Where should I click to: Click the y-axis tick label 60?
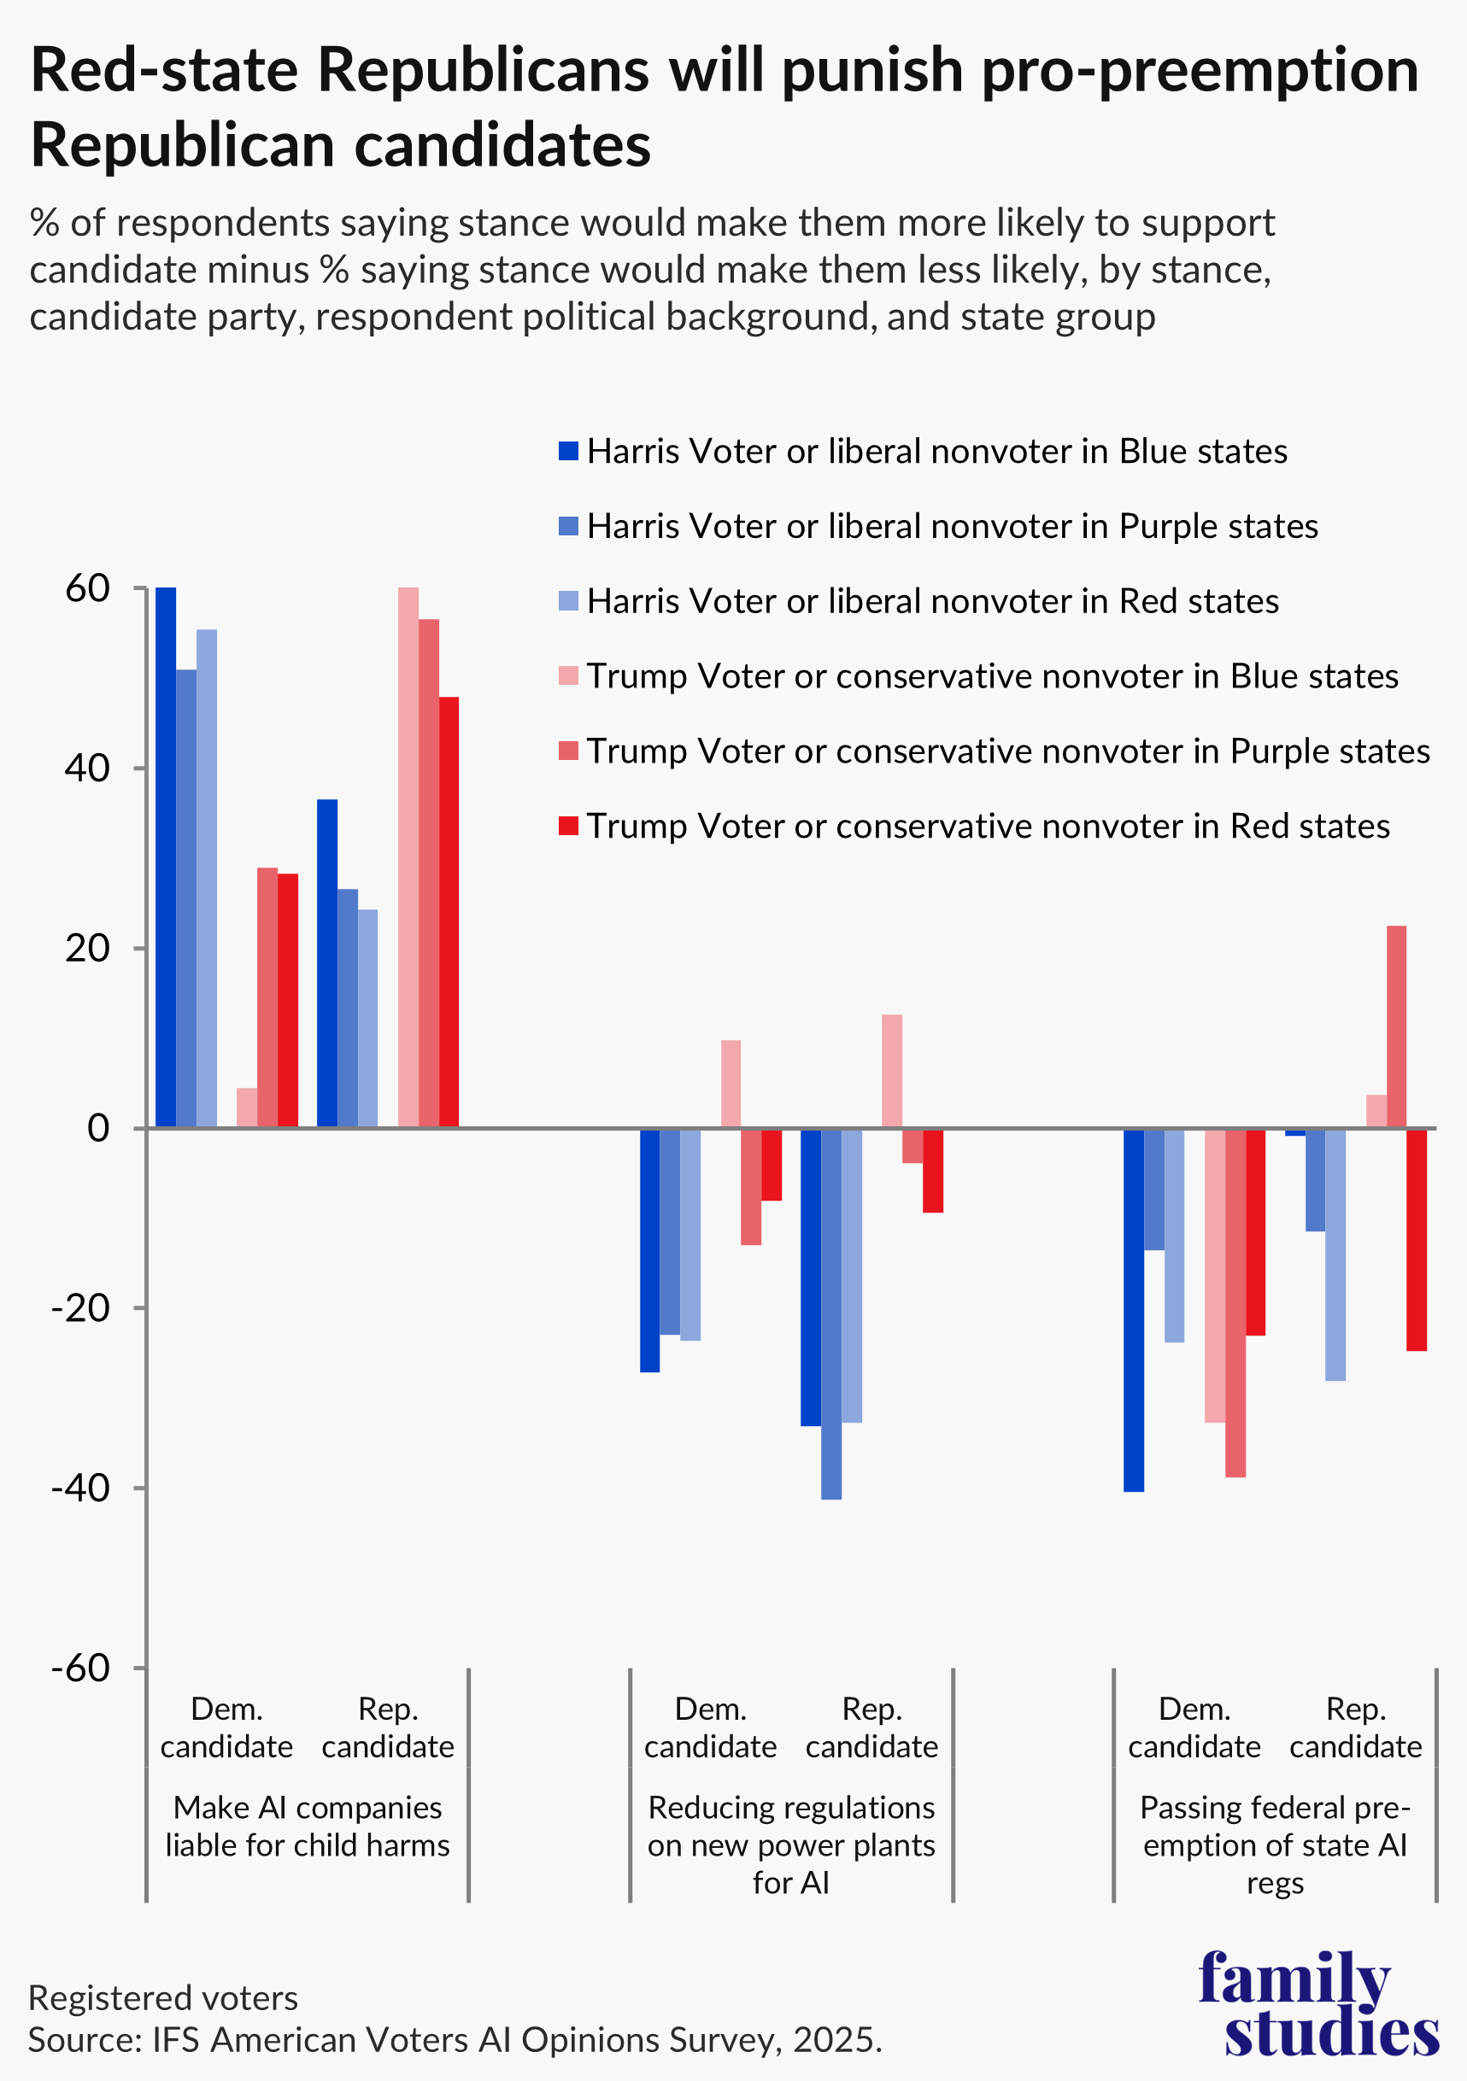pos(88,589)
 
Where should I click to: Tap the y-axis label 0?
pos(98,1128)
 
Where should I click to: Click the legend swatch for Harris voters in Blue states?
pos(568,452)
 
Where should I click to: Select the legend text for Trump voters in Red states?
pos(988,826)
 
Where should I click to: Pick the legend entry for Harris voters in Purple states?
pos(952,527)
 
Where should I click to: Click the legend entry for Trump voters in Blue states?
pos(992,676)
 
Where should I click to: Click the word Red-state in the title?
pos(164,71)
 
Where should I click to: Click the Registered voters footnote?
pos(163,1997)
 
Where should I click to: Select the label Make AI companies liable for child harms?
pos(308,1827)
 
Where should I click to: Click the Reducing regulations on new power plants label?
pos(791,1844)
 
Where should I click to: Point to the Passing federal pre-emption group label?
pos(1275,1844)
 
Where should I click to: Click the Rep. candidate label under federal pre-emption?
pos(1355,1727)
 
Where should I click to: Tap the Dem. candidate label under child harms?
pos(226,1727)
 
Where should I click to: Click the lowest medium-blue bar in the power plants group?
pos(831,1313)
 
